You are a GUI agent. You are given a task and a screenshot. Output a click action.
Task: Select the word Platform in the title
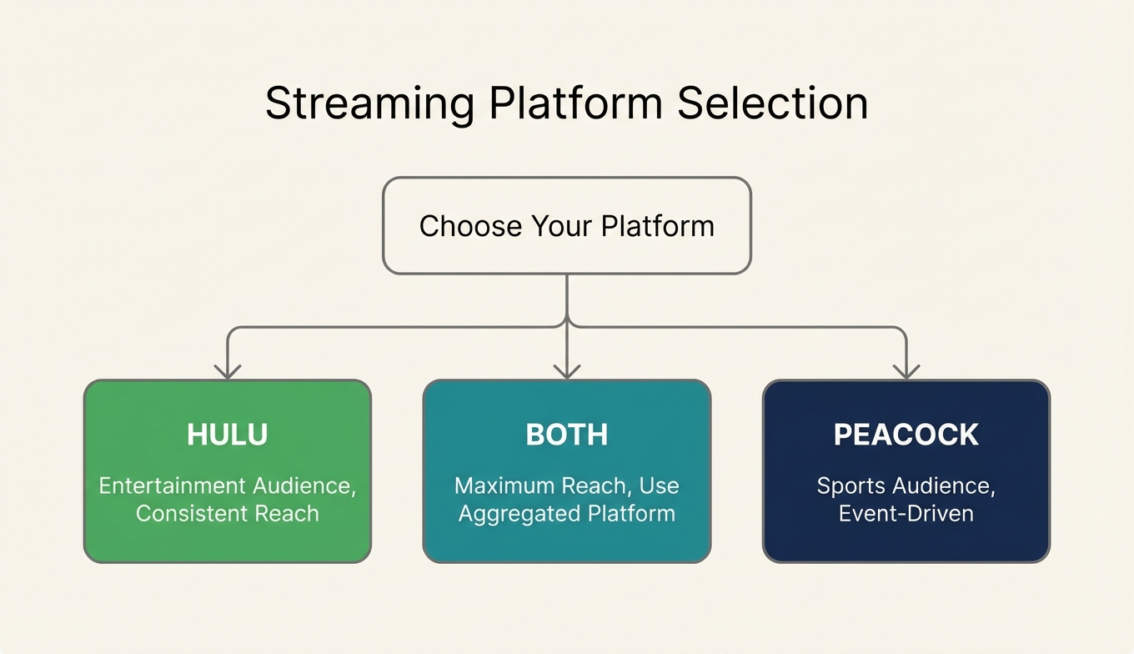pos(575,103)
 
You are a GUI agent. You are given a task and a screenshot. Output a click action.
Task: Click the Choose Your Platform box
pos(567,225)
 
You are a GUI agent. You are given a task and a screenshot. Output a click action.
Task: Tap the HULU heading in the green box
pos(228,435)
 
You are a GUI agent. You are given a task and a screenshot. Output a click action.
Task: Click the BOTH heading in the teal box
pos(567,435)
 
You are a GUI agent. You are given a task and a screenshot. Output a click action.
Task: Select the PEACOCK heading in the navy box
pos(906,435)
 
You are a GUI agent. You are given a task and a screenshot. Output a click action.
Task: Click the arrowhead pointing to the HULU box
pos(228,371)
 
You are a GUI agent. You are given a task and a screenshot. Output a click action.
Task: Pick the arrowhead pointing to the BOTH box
pos(567,371)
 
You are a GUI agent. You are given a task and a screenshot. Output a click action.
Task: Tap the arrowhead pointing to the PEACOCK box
pos(906,371)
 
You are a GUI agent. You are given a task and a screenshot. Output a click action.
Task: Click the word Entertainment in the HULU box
pos(172,485)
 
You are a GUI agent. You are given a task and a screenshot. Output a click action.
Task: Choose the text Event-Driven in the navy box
pos(906,513)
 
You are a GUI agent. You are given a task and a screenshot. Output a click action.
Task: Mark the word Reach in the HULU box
pos(288,513)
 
